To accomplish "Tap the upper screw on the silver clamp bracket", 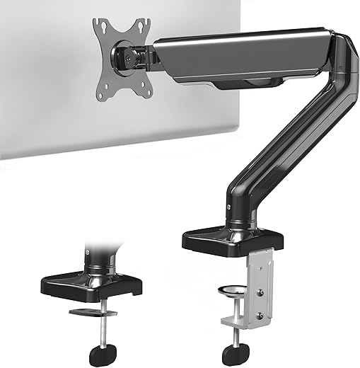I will [x=260, y=279].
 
